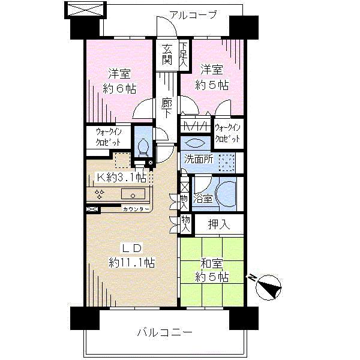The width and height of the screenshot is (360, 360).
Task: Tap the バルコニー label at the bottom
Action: [164, 332]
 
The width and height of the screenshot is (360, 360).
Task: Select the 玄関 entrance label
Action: [167, 54]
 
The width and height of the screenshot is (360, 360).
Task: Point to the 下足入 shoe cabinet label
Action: [184, 53]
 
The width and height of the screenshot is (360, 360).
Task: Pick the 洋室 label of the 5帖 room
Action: [212, 69]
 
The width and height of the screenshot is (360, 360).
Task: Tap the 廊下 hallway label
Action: [167, 108]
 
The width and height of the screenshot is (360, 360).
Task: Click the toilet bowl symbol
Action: [143, 146]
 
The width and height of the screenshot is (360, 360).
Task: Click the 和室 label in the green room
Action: [211, 262]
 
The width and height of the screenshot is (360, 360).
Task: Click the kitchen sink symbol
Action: [133, 194]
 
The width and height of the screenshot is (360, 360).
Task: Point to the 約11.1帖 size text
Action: [133, 262]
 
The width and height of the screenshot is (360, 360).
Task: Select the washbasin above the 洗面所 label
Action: [195, 143]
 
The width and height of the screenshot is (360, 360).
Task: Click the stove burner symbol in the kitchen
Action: [100, 194]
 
